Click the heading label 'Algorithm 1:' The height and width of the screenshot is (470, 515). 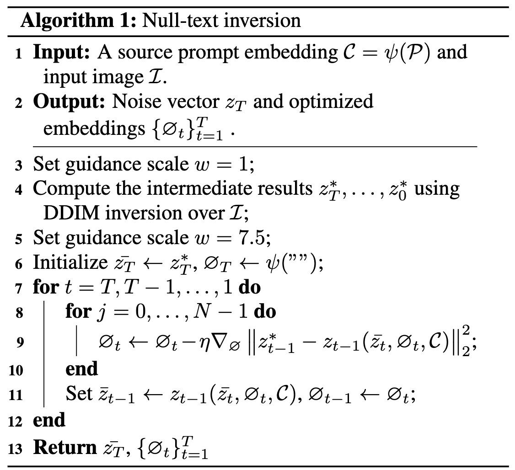coord(75,21)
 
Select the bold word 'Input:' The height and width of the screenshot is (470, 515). coord(61,52)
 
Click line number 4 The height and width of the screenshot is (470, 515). coord(18,189)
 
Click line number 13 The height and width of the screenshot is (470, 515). coord(15,449)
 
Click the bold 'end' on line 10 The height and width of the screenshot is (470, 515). coord(82,369)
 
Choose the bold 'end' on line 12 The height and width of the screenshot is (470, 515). coord(49,420)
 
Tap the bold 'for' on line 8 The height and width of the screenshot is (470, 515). coord(78,312)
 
